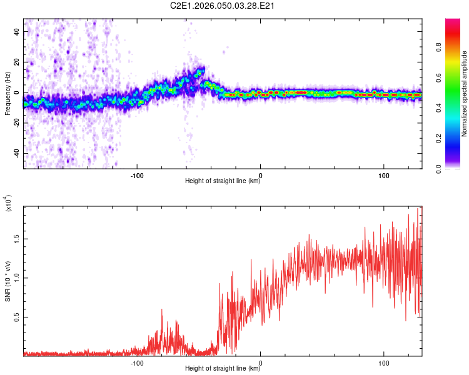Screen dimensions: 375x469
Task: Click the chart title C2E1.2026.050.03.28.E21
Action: (223, 6)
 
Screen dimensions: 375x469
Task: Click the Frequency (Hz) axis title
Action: (8, 94)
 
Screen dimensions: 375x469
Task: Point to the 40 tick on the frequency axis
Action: (17, 31)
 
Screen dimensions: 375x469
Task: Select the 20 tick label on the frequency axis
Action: (17, 62)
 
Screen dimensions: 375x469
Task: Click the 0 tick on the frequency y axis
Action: (19, 92)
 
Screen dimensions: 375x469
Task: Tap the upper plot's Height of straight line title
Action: (223, 181)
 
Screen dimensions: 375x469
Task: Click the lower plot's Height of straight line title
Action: (223, 369)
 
